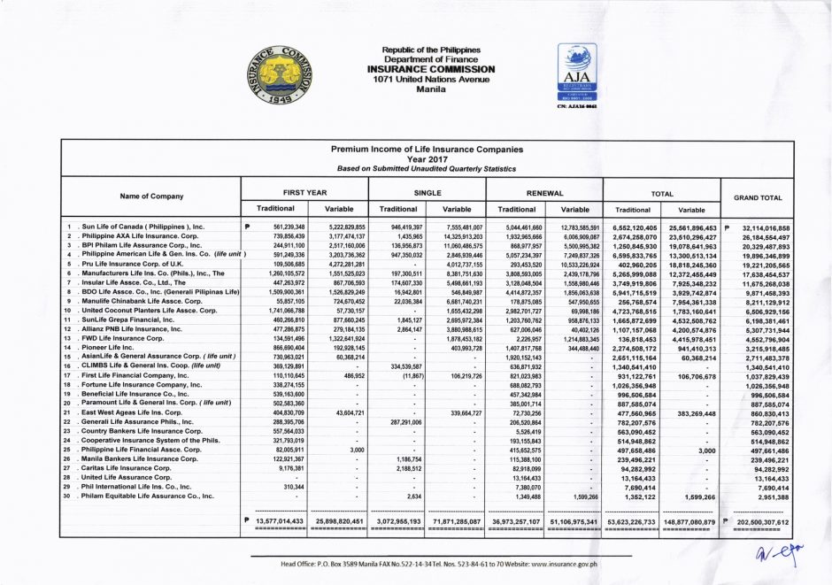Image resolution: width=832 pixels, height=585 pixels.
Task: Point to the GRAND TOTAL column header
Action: pos(759,197)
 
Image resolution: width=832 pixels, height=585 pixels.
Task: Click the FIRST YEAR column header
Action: pos(305,191)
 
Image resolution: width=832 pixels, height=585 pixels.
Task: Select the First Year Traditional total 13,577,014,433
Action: pos(279,522)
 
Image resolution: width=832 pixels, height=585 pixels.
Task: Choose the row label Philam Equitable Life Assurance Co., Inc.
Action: pos(147,496)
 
